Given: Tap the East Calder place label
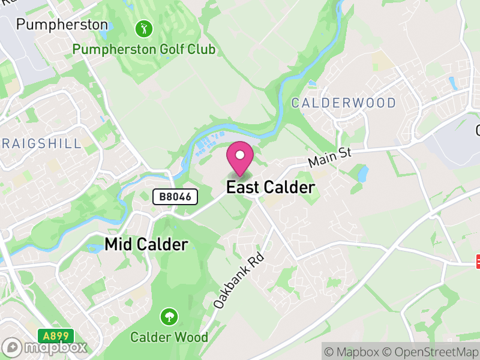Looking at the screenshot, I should pyautogui.click(x=270, y=188).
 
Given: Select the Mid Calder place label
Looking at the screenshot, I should pyautogui.click(x=146, y=244).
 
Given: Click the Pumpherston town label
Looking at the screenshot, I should pyautogui.click(x=62, y=25).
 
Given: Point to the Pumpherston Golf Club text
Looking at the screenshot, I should pyautogui.click(x=143, y=49).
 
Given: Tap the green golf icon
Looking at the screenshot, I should pyautogui.click(x=144, y=28).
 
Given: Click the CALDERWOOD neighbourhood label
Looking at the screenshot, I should pyautogui.click(x=344, y=103).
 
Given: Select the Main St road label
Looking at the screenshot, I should pyautogui.click(x=329, y=158).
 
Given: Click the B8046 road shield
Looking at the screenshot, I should pyautogui.click(x=175, y=197).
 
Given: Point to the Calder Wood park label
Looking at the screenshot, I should pyautogui.click(x=169, y=337).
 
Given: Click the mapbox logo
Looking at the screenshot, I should pyautogui.click(x=45, y=347).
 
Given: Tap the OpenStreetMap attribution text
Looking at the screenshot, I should pyautogui.click(x=432, y=351).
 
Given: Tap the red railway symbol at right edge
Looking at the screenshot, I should pyautogui.click(x=478, y=261).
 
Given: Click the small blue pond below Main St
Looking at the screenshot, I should pyautogui.click(x=362, y=174).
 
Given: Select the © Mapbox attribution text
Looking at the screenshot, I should pyautogui.click(x=353, y=351).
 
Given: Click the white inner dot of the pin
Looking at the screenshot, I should pyautogui.click(x=240, y=155).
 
